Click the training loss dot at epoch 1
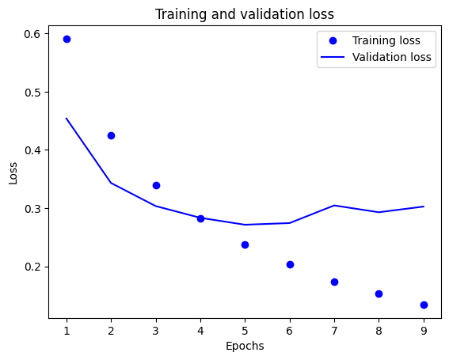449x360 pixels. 67,39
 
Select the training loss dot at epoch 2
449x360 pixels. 111,135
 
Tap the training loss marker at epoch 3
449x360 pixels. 156,185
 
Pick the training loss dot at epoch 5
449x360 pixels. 245,244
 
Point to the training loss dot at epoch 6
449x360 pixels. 290,264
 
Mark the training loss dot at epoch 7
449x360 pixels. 334,282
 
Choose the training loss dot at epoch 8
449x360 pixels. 379,294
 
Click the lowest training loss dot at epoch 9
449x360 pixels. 424,305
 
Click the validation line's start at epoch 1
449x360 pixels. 67,119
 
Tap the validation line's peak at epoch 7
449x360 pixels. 334,206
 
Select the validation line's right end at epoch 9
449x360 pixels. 424,207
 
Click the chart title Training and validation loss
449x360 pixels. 244,14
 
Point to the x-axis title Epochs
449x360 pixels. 244,346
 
